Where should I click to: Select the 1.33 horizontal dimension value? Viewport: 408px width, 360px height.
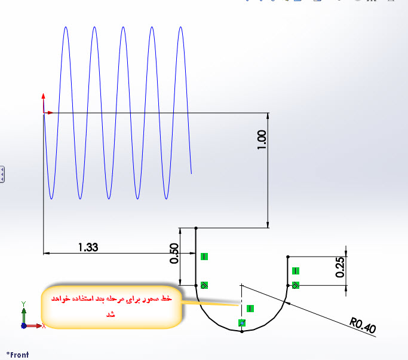[x=88, y=246]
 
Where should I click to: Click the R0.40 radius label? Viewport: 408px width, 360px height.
[x=363, y=326]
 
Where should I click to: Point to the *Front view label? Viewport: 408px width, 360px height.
[x=17, y=355]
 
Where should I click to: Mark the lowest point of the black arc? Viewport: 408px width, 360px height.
[x=241, y=331]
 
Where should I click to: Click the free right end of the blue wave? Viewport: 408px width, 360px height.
[x=191, y=173]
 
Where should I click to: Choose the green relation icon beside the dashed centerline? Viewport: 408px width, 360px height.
[x=250, y=309]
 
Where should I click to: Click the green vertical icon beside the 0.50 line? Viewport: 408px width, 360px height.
[x=204, y=257]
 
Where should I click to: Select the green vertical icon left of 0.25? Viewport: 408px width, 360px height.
[x=296, y=271]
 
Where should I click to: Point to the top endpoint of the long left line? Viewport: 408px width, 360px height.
[x=197, y=228]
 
